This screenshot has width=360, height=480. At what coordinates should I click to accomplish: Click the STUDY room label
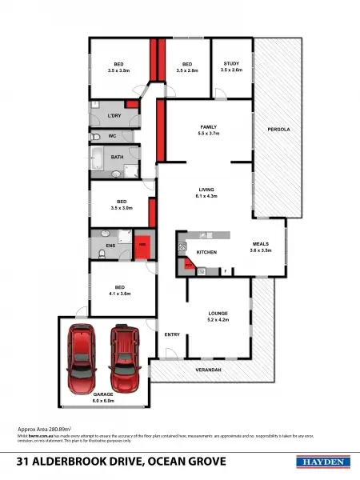231,63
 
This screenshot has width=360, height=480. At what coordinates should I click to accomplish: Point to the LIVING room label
207,189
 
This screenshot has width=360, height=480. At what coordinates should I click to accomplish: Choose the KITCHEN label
207,252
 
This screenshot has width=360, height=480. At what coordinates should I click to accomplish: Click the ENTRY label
172,334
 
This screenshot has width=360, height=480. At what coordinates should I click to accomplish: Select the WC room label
113,136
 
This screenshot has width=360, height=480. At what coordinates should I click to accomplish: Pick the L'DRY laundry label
114,117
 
